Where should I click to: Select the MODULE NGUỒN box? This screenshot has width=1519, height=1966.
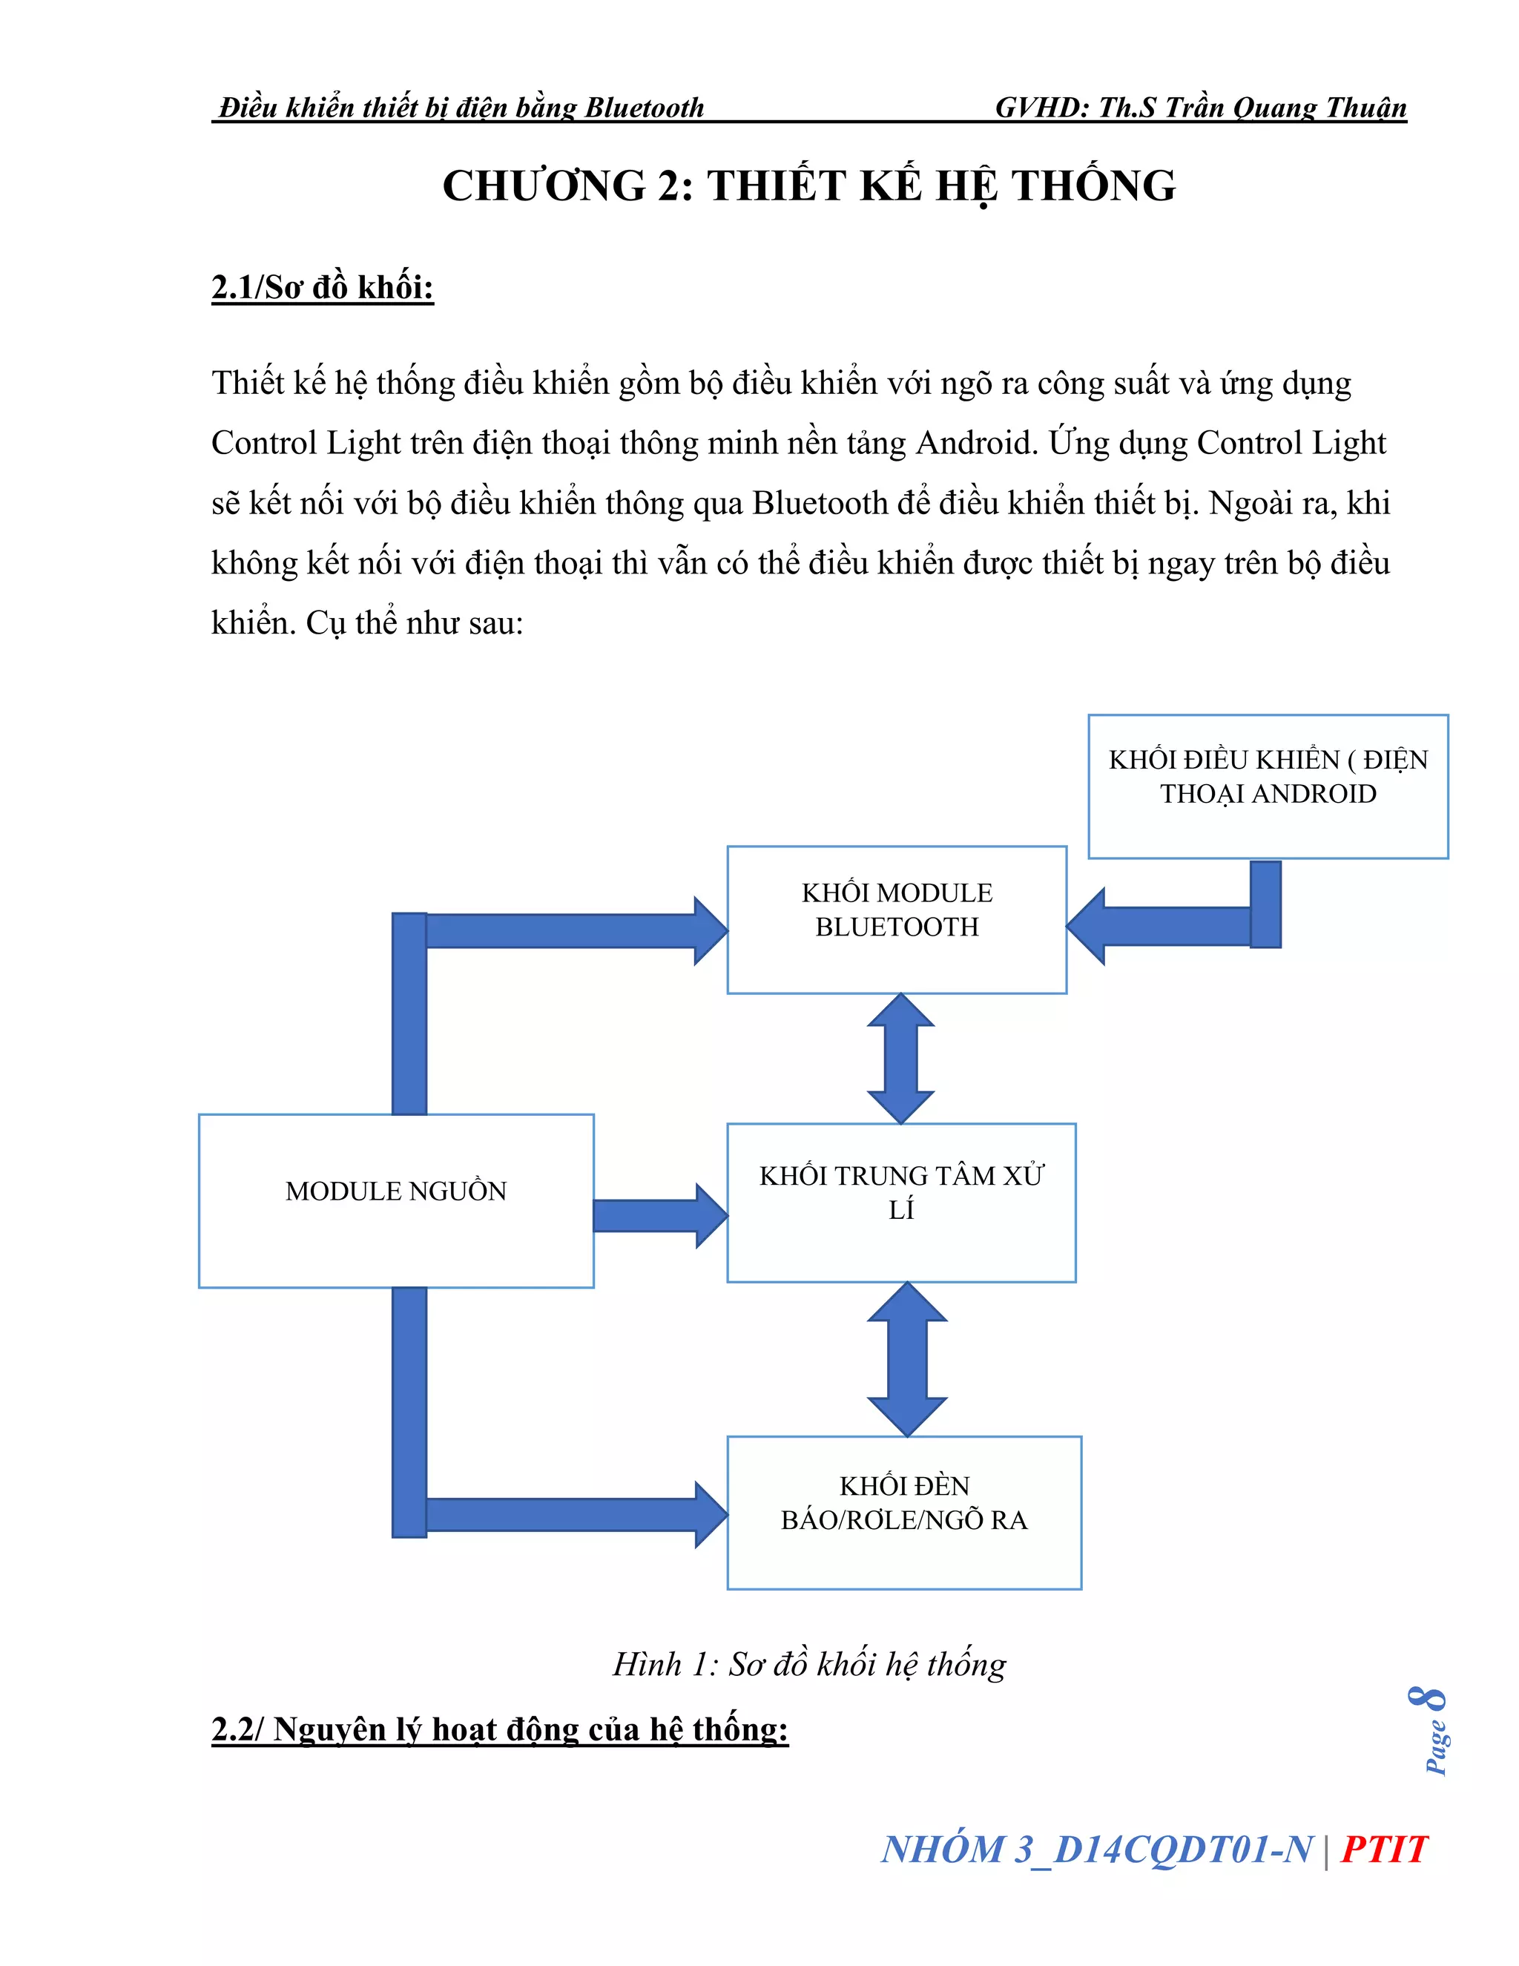click(x=396, y=1200)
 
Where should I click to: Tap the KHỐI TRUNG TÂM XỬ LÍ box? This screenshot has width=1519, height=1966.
click(x=900, y=1202)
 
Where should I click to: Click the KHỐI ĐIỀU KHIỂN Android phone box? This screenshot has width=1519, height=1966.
click(x=1267, y=786)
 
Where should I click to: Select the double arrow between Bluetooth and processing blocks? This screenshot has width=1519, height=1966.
click(x=900, y=1059)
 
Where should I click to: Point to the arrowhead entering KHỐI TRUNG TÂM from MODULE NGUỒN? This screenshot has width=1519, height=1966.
click(x=711, y=1215)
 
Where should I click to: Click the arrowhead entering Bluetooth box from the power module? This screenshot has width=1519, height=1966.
click(x=711, y=931)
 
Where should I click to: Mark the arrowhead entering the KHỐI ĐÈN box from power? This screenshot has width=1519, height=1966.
click(x=711, y=1515)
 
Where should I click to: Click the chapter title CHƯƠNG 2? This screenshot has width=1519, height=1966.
click(x=808, y=185)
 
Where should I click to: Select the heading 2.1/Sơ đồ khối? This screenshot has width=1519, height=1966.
click(x=322, y=287)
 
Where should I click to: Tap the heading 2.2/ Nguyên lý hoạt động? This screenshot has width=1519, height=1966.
click(x=499, y=1729)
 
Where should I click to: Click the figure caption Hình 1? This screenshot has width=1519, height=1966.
click(x=808, y=1665)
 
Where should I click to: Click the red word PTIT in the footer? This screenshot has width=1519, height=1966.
click(x=1383, y=1850)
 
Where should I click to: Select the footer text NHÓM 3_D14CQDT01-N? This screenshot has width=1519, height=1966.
click(x=1096, y=1850)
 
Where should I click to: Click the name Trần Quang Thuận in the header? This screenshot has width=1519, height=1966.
click(x=1285, y=108)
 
